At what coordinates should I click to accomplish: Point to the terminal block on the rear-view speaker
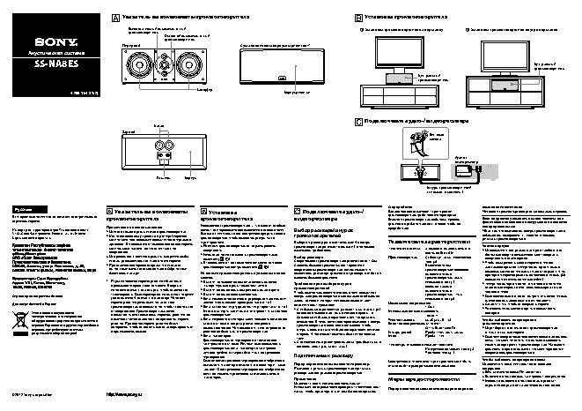coord(164,156)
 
